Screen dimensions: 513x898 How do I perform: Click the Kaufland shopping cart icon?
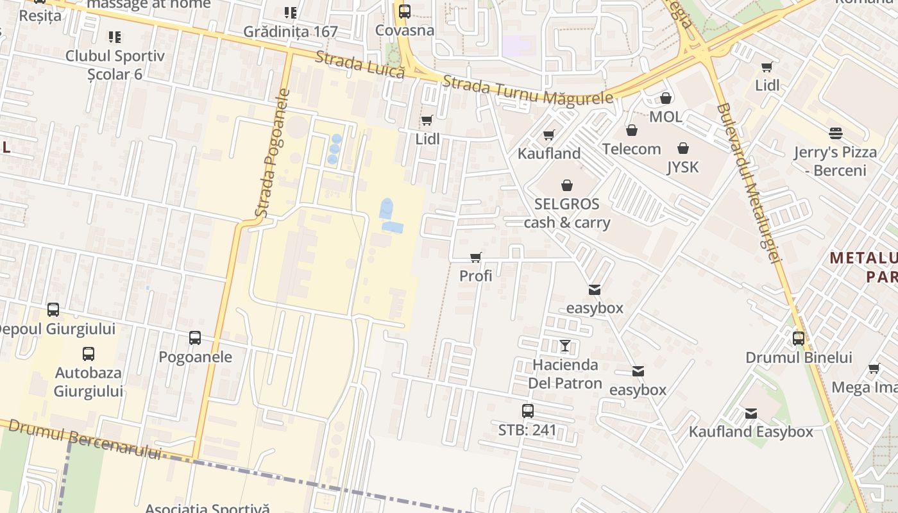click(x=548, y=135)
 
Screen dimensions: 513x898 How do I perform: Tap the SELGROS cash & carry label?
click(x=567, y=214)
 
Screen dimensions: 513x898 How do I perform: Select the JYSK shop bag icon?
click(x=683, y=149)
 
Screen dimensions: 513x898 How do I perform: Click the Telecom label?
click(x=631, y=149)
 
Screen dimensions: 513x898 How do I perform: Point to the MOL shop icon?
click(x=666, y=99)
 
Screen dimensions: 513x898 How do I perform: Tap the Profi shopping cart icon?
click(x=476, y=258)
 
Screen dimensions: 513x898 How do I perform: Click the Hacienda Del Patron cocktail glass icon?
click(x=564, y=346)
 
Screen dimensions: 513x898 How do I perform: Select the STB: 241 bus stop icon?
click(x=527, y=411)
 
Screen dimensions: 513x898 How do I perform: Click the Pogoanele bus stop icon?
click(x=195, y=338)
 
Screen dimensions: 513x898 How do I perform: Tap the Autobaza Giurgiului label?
click(x=89, y=382)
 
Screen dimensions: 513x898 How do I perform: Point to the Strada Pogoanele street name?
click(x=271, y=154)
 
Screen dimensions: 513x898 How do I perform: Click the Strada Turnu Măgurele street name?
click(x=527, y=90)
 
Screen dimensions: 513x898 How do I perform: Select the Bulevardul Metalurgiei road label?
click(x=750, y=183)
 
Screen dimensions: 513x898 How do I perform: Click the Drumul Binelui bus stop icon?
click(x=799, y=339)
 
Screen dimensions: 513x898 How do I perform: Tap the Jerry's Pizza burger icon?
click(x=835, y=133)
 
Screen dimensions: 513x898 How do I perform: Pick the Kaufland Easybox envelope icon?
click(x=751, y=414)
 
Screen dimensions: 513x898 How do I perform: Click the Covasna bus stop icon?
click(x=404, y=12)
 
